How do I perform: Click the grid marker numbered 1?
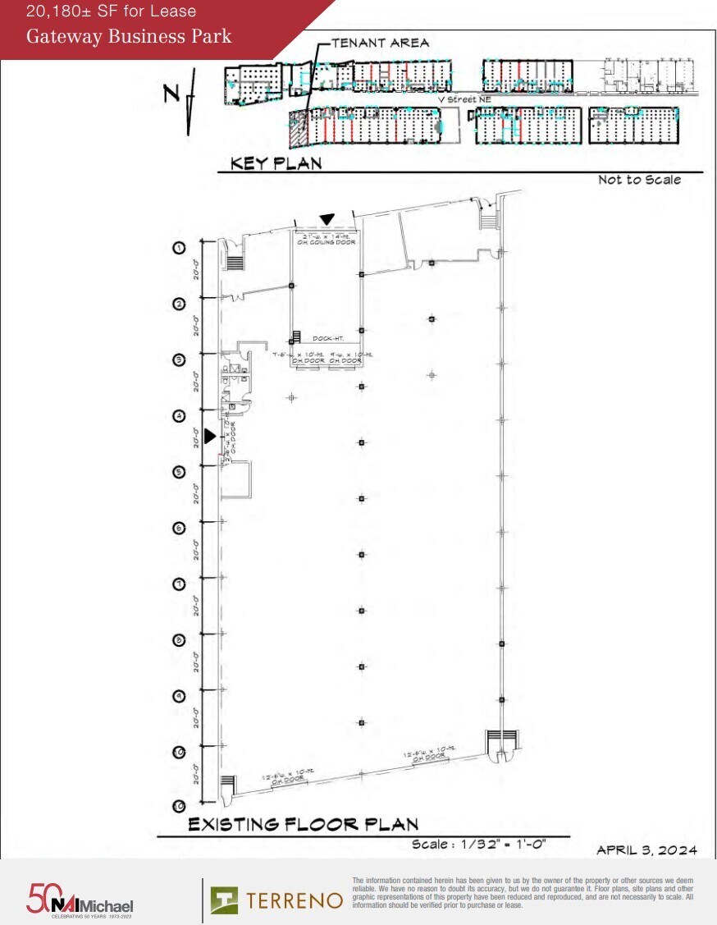178,247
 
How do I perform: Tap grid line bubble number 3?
178,359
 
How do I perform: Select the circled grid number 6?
178,528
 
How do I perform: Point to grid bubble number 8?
178,640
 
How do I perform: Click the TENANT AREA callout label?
380,43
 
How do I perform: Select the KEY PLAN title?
276,163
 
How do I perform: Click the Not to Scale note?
639,180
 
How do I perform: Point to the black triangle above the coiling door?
327,219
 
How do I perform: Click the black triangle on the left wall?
210,437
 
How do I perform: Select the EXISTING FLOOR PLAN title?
304,824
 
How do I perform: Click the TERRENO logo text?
294,900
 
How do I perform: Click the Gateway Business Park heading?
129,36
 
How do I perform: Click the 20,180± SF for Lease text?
111,11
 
